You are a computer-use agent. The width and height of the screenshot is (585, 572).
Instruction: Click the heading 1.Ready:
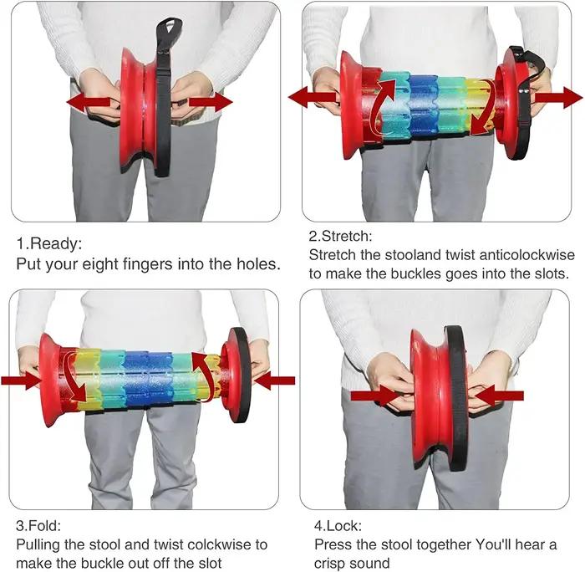click(48, 244)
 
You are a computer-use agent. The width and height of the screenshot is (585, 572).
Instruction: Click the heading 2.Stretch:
click(340, 236)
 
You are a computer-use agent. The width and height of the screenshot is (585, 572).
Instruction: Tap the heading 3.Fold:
click(38, 526)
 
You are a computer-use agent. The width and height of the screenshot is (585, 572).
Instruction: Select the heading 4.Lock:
click(338, 526)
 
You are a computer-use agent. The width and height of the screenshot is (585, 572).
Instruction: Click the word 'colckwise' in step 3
click(220, 544)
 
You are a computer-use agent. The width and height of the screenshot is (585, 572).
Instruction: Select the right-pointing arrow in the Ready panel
click(211, 102)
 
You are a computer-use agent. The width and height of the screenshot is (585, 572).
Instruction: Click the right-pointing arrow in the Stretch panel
click(559, 98)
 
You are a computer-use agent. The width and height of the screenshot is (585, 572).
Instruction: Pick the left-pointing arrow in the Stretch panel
click(313, 98)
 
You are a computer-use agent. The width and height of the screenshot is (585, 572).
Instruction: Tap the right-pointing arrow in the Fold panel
click(21, 380)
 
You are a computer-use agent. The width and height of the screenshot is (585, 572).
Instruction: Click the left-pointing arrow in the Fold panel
click(275, 380)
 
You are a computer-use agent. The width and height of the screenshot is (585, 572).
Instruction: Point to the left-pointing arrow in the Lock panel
click(499, 396)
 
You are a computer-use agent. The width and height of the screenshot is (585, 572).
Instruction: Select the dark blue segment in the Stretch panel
click(423, 106)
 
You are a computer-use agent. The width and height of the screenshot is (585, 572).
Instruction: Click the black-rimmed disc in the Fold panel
click(236, 375)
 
